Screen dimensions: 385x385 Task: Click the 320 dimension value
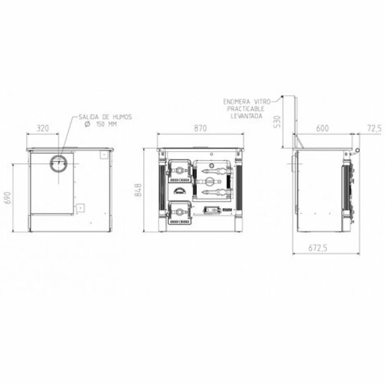coord(43,128)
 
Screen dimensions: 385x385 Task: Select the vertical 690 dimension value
coord(8,198)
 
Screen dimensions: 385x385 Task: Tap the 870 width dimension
coord(200,128)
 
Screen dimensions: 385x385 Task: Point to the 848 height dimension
coord(138,190)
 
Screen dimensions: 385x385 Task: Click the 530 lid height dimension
coord(277,122)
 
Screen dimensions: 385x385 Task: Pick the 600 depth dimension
coord(322,128)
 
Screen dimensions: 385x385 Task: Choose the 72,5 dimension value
coord(374,128)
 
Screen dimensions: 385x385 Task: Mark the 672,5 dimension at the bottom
coord(318,248)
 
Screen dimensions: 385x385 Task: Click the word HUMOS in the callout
coord(122,117)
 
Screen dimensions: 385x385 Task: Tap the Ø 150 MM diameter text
coord(101,124)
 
